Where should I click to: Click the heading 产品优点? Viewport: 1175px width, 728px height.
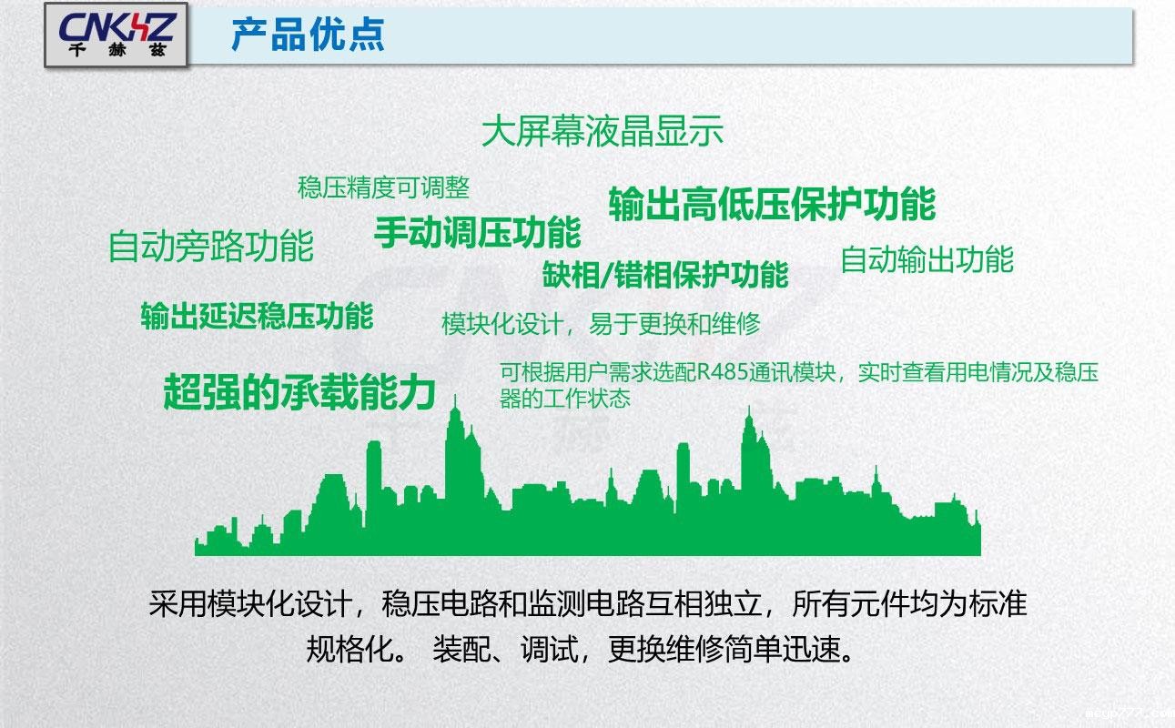(308, 35)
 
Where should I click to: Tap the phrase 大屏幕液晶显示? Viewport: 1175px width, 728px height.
(603, 132)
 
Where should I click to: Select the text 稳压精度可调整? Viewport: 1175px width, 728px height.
(383, 187)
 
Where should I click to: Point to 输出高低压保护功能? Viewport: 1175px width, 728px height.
(772, 204)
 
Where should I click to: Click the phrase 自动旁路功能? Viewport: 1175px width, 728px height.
(210, 247)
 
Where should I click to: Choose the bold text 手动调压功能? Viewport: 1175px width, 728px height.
(477, 232)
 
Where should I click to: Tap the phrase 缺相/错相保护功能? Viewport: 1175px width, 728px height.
(665, 274)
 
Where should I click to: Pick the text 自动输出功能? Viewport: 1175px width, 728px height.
(926, 259)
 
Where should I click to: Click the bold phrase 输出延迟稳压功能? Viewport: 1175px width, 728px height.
(257, 316)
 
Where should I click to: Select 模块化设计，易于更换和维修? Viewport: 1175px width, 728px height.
(601, 324)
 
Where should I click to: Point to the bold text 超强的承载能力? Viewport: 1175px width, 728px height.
(299, 391)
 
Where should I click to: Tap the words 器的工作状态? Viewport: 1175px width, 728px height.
(564, 399)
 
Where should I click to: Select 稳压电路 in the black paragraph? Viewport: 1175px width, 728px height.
(438, 604)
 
